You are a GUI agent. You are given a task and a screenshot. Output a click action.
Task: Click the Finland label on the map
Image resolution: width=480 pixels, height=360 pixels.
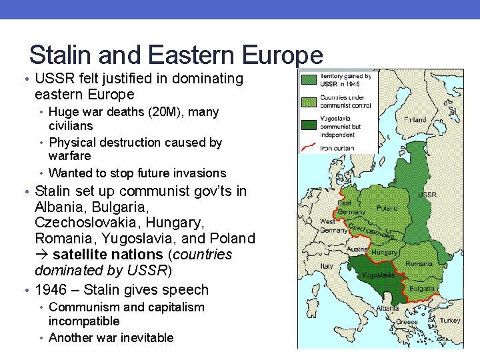click(x=415, y=120)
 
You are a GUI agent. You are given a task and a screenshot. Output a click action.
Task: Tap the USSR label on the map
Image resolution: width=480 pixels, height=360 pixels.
click(x=427, y=195)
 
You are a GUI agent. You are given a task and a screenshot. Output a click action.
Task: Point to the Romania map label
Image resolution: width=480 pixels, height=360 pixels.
click(x=419, y=263)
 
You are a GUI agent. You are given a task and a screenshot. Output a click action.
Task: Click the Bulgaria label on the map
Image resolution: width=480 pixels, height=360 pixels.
click(x=421, y=289)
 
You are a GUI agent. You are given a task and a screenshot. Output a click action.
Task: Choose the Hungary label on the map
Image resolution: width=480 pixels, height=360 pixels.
click(x=384, y=253)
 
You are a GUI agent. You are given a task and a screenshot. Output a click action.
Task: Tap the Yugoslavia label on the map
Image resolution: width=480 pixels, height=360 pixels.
click(x=377, y=275)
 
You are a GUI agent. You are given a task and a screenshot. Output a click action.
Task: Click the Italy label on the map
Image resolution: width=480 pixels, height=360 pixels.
click(x=327, y=265)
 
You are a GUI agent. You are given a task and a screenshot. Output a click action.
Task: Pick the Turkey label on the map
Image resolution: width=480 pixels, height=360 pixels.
click(x=449, y=320)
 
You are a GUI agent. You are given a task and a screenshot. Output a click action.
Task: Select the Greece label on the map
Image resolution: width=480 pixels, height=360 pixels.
click(x=407, y=321)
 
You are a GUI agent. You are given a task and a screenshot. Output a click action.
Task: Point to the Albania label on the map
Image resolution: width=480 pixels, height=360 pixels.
click(x=369, y=309)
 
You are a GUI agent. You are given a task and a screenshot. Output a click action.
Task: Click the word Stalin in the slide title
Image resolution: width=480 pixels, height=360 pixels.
click(x=63, y=55)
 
